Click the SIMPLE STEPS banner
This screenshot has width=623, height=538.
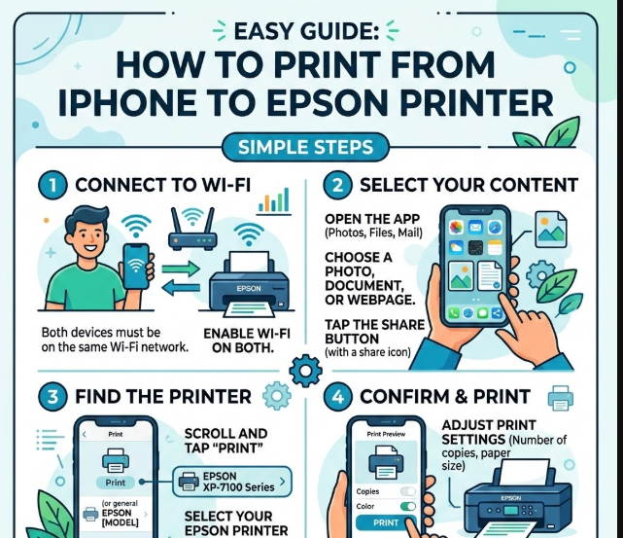pos(305,147)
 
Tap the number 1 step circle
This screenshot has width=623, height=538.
pos(52,185)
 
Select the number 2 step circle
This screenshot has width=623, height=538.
pos(337,185)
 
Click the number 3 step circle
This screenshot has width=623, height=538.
pos(52,397)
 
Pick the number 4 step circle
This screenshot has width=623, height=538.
pos(337,397)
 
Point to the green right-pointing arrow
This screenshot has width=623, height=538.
pos(181,269)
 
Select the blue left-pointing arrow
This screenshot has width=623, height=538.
pos(181,288)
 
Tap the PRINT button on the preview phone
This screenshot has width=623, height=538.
pos(386,522)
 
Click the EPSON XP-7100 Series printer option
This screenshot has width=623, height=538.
pos(232,482)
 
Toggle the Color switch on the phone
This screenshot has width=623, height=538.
pos(408,506)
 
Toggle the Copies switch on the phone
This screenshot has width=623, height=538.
pos(408,491)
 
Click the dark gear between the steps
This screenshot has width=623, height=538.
pos(305,371)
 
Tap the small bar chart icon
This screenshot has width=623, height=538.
pos(274,201)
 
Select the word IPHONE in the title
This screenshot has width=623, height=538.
pos(127,102)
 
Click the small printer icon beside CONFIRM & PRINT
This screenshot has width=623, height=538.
pos(560,398)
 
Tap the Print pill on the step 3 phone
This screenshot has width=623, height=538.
pos(116,483)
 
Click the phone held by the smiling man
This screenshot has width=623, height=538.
pos(136,267)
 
